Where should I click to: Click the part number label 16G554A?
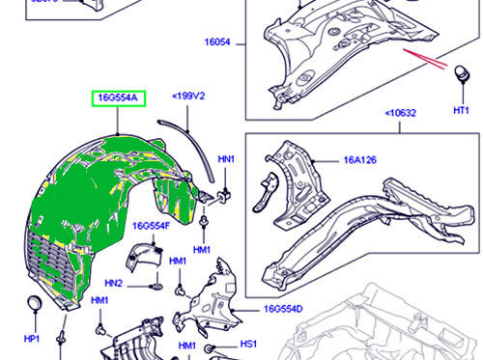(118, 97)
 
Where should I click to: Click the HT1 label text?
(462, 111)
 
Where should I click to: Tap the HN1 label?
(226, 157)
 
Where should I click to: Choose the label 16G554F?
(152, 225)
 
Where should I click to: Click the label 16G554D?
(282, 309)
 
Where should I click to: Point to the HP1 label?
(31, 340)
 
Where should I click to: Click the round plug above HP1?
(33, 306)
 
